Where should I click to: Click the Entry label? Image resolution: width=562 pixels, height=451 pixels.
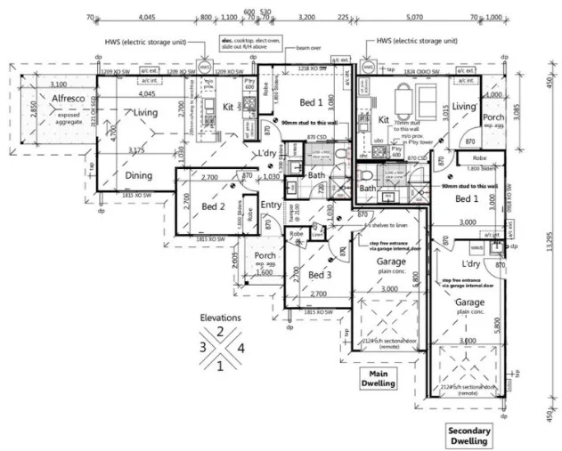(271, 205)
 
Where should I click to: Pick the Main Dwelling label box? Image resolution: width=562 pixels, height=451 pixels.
(379, 378)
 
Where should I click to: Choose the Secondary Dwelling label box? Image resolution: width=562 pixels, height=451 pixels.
(468, 435)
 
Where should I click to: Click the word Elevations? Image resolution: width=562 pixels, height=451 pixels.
(220, 318)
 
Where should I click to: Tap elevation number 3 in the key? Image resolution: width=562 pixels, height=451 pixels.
(203, 347)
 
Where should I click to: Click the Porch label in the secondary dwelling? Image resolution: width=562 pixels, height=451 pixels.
(493, 117)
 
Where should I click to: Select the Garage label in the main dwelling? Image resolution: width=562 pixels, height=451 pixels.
(391, 262)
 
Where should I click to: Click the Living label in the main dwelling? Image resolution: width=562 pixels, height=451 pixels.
(145, 113)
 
